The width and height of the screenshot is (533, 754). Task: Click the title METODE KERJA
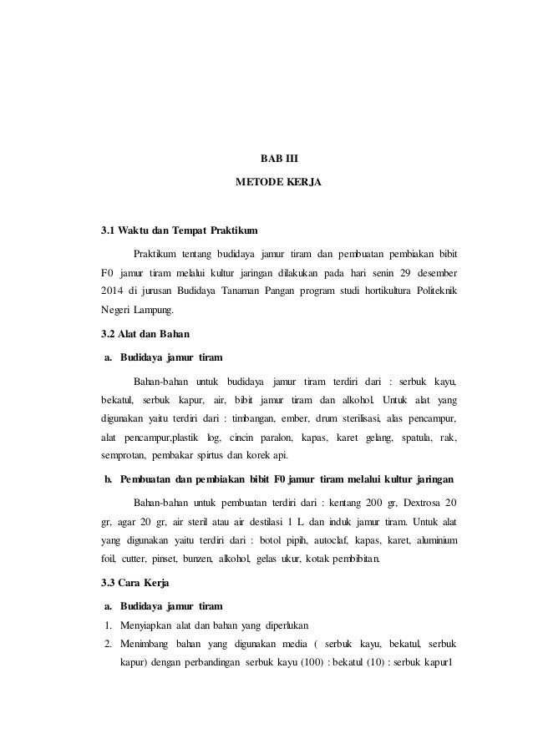click(266, 180)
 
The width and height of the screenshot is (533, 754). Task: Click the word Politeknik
click(431, 291)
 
